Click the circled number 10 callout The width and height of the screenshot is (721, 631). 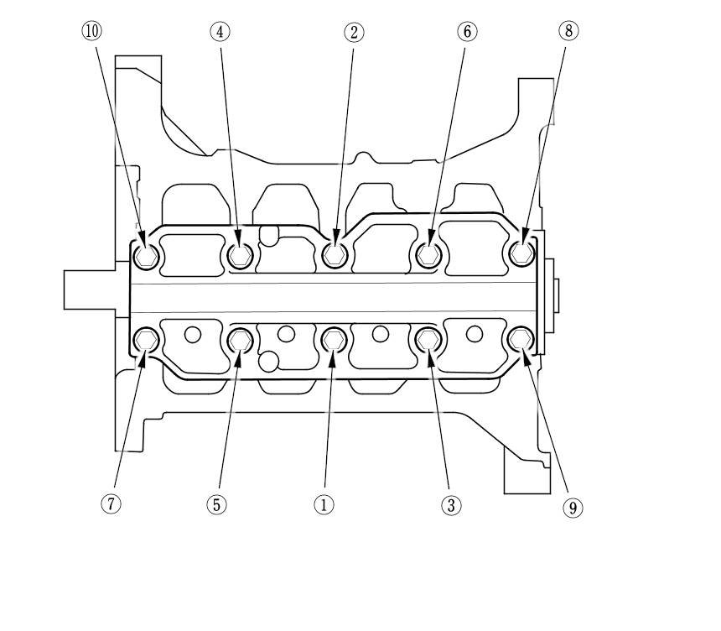pos(91,31)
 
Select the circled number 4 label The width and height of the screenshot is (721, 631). pos(220,32)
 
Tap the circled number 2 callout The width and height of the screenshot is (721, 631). pos(354,32)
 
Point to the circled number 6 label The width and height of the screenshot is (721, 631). pos(467,31)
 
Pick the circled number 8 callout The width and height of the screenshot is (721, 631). pos(568,31)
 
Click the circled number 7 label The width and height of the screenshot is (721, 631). pos(111,503)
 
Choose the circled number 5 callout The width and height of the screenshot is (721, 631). pos(216,505)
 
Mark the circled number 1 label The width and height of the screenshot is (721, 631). pos(324,505)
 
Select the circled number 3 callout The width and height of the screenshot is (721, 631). pos(451,505)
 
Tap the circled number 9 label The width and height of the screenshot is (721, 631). pos(573,508)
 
